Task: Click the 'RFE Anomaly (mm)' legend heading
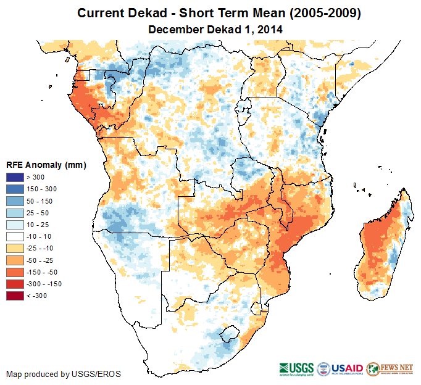46,165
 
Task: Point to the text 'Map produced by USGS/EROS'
64,374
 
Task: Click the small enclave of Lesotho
230,333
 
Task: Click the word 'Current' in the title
99,13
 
